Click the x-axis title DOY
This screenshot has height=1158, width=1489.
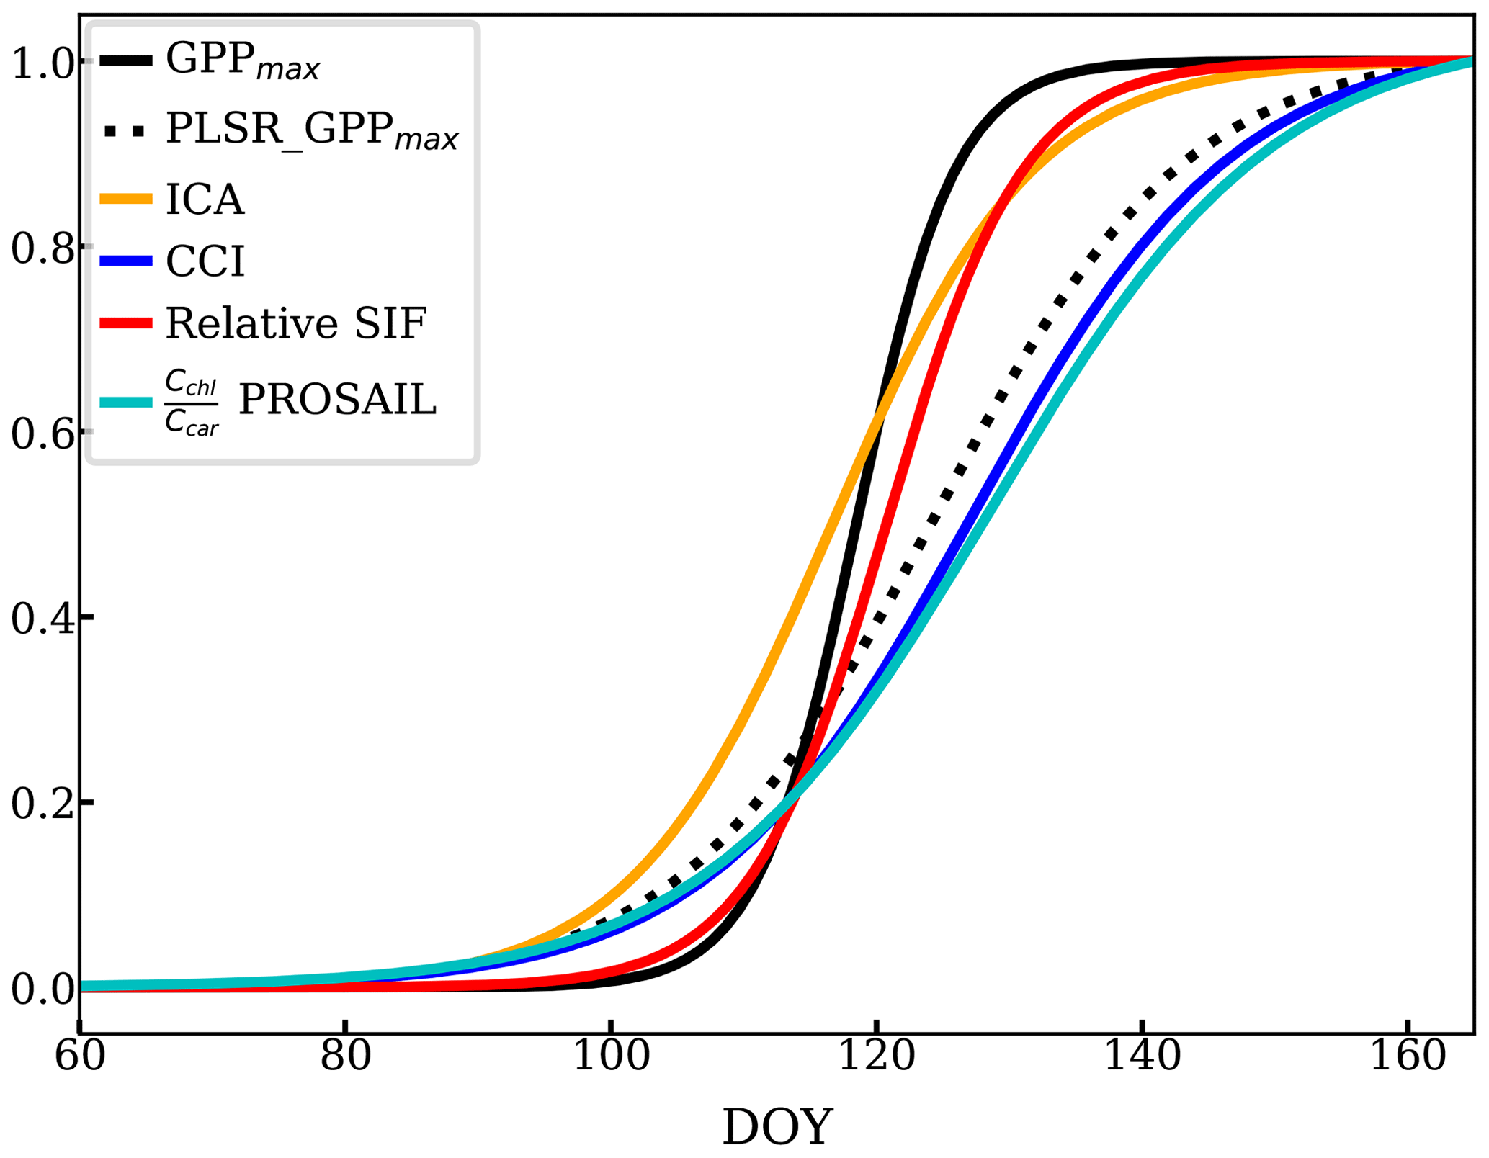(777, 1127)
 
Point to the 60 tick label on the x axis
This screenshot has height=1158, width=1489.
(79, 1057)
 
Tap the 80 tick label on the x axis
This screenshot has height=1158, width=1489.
(346, 1057)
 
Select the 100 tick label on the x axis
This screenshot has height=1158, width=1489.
(611, 1057)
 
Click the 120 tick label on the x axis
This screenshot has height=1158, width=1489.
(876, 1057)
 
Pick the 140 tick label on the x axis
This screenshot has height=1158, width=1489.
(1142, 1057)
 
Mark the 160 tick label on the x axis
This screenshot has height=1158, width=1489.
(1407, 1057)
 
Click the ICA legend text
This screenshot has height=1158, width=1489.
(205, 199)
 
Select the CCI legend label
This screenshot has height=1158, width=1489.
(205, 261)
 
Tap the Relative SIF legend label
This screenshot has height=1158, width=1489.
(296, 323)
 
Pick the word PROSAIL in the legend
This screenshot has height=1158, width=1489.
(337, 400)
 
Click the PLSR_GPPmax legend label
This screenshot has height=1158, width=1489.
(312, 130)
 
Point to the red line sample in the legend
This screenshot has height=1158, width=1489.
(126, 323)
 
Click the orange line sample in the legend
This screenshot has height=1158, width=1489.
(126, 199)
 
